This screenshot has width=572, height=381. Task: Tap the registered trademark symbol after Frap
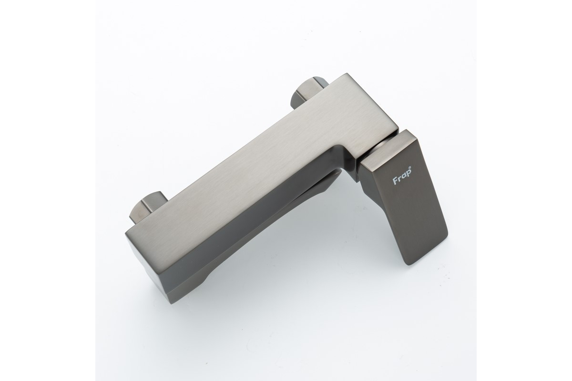(410, 175)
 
